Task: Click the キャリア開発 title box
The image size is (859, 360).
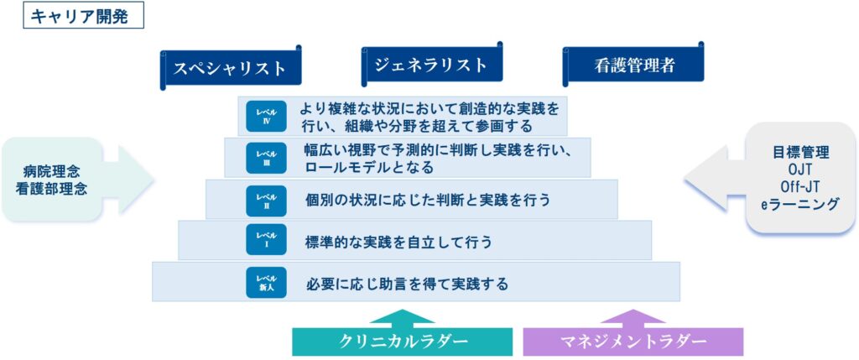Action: coord(80,16)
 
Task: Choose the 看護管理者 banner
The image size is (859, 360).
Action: coord(633,65)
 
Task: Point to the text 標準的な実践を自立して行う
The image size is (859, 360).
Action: coord(398,242)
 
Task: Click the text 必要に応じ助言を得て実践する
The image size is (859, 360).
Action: coord(407,284)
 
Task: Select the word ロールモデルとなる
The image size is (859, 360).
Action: coord(369,168)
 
